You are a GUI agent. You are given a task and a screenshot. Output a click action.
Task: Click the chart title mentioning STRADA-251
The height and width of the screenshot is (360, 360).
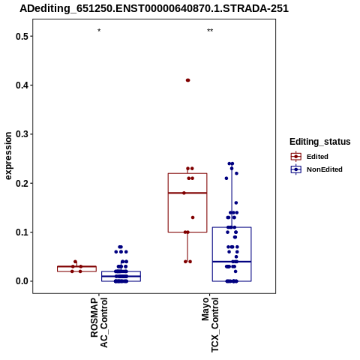pyautogui.click(x=154, y=9)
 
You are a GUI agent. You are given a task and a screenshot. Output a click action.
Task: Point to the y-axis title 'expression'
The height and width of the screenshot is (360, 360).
pyautogui.click(x=8, y=156)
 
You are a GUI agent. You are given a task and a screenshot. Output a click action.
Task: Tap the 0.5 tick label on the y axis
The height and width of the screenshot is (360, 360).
pyautogui.click(x=20, y=36)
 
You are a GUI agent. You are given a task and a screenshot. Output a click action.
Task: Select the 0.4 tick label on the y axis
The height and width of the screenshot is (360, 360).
pyautogui.click(x=20, y=85)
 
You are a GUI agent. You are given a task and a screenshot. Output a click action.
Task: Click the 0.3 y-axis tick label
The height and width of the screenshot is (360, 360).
pyautogui.click(x=20, y=134)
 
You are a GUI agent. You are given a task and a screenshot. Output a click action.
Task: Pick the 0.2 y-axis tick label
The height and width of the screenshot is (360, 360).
pyautogui.click(x=20, y=183)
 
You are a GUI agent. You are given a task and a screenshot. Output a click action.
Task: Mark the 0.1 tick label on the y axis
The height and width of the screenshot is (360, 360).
pyautogui.click(x=20, y=232)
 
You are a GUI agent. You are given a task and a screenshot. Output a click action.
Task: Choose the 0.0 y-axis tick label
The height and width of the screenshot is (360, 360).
pyautogui.click(x=20, y=281)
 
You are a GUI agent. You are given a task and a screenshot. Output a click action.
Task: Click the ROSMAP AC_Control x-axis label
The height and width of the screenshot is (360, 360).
pyautogui.click(x=99, y=322)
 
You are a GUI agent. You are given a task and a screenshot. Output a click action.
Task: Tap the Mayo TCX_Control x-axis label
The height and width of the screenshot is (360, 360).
pyautogui.click(x=210, y=325)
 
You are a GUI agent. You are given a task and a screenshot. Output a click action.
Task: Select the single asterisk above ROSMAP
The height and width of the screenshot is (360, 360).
pyautogui.click(x=99, y=31)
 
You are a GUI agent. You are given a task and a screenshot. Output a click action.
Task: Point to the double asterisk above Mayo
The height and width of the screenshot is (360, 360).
pyautogui.click(x=210, y=31)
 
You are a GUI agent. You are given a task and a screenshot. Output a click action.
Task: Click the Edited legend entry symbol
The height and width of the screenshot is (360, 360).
pyautogui.click(x=296, y=157)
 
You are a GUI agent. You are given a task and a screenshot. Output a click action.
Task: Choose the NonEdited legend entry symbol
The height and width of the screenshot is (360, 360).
pyautogui.click(x=296, y=169)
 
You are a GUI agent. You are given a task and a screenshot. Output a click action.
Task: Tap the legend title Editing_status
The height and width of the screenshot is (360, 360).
pyautogui.click(x=320, y=142)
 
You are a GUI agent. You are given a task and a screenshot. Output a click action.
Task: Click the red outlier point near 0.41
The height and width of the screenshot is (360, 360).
pyautogui.click(x=188, y=80)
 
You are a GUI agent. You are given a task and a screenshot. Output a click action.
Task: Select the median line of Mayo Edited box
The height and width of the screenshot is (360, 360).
pyautogui.click(x=187, y=193)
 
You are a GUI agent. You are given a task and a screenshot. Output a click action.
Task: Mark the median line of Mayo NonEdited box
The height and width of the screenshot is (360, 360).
pyautogui.click(x=232, y=262)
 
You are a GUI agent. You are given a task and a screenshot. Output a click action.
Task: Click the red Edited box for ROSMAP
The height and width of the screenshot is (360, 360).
pyautogui.click(x=76, y=268)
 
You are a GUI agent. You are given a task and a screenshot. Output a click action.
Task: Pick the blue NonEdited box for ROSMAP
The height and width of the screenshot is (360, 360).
pyautogui.click(x=121, y=276)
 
